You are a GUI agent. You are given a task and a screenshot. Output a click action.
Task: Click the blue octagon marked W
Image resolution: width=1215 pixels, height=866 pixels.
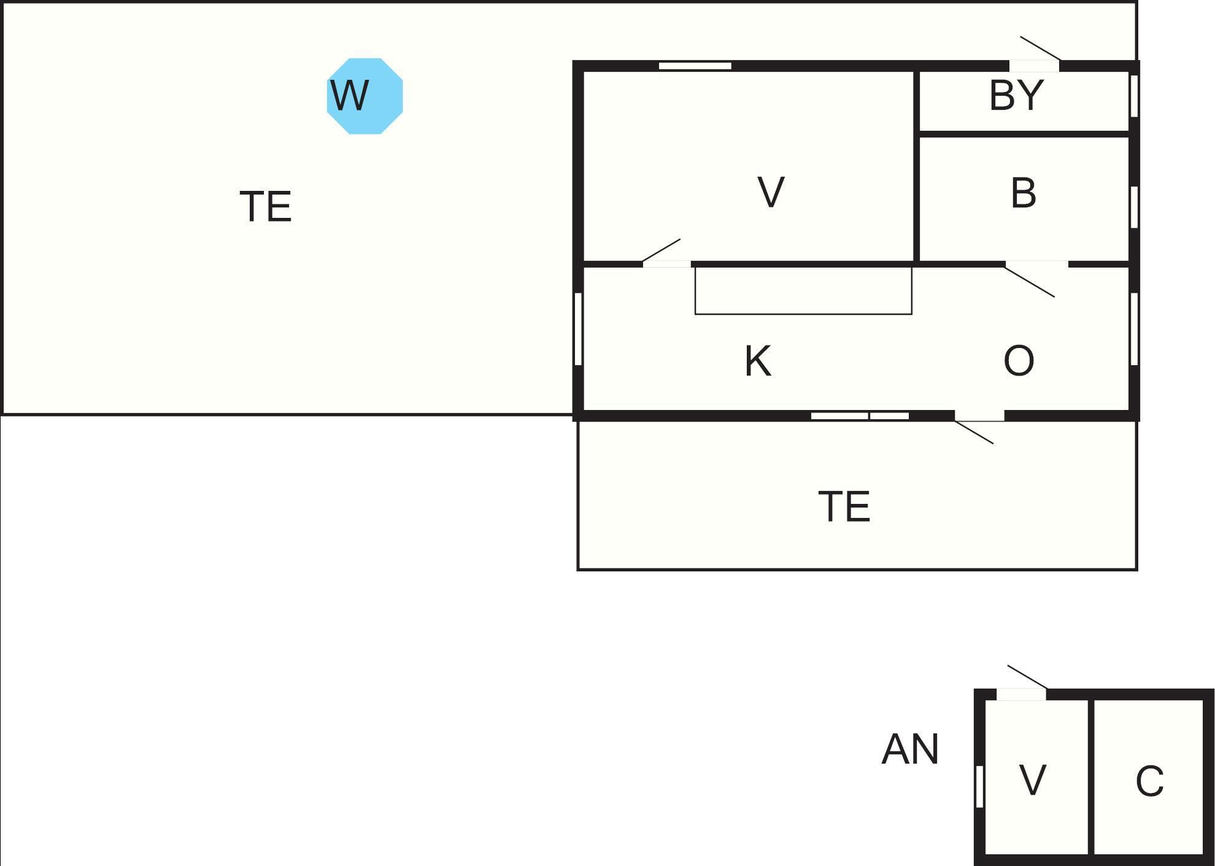(364, 96)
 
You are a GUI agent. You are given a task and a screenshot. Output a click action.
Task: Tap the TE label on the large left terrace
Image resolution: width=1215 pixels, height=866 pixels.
(265, 207)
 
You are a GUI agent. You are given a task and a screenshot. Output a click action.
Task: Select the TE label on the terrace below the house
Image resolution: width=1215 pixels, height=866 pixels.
(844, 506)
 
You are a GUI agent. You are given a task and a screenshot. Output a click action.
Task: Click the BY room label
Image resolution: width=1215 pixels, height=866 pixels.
(1016, 96)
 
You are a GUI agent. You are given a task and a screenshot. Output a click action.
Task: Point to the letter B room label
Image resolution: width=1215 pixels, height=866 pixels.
(1023, 193)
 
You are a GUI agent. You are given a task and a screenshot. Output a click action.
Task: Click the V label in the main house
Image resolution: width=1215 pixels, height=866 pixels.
(771, 192)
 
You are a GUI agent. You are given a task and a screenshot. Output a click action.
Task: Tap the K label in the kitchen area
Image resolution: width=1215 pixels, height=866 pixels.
(758, 361)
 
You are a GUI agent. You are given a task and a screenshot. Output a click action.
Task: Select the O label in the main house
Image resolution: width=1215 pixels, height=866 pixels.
(1019, 361)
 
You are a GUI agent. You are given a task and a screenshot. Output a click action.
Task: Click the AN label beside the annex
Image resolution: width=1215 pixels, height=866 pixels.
(910, 749)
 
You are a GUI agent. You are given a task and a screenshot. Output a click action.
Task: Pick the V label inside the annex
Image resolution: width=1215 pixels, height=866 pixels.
(1032, 780)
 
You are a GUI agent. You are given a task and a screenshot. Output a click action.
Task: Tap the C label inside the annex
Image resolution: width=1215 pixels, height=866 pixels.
(1149, 781)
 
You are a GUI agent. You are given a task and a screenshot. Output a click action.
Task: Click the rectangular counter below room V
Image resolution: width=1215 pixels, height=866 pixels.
(803, 290)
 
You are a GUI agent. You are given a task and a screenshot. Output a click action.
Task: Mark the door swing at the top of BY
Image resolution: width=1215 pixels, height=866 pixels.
(1039, 49)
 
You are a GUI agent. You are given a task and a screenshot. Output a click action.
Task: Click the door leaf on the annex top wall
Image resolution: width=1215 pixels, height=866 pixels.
(1027, 677)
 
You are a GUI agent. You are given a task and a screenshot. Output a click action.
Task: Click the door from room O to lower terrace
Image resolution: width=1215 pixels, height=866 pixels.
(974, 431)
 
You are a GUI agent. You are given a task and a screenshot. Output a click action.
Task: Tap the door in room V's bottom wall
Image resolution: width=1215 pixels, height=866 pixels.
(661, 251)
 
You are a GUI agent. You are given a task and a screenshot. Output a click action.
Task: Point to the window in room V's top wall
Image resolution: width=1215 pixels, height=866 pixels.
(695, 66)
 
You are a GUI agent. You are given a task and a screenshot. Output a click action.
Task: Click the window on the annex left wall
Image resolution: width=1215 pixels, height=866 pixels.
(979, 786)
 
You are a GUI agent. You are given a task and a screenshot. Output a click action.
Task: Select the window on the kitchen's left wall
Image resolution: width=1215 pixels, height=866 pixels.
(577, 329)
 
